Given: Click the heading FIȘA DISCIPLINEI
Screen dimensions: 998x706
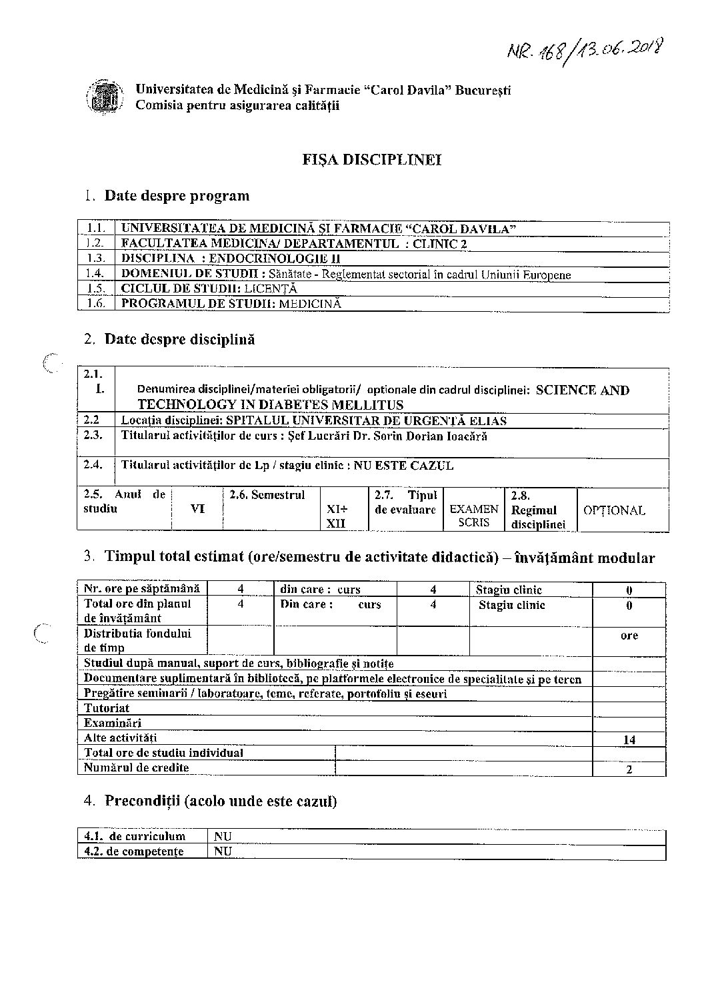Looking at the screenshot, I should tap(372, 160).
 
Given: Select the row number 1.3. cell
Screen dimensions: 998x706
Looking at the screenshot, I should tap(96, 258).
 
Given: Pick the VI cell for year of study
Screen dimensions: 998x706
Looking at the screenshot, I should tap(197, 509).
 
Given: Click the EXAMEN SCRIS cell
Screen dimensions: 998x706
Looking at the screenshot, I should tap(474, 516).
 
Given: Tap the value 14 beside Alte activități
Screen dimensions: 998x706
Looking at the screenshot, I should tap(629, 740).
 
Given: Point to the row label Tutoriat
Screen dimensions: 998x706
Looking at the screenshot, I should tap(107, 708).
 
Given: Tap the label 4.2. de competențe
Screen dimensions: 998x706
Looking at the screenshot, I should tap(134, 851).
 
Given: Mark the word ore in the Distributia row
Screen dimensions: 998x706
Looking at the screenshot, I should tap(629, 636).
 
